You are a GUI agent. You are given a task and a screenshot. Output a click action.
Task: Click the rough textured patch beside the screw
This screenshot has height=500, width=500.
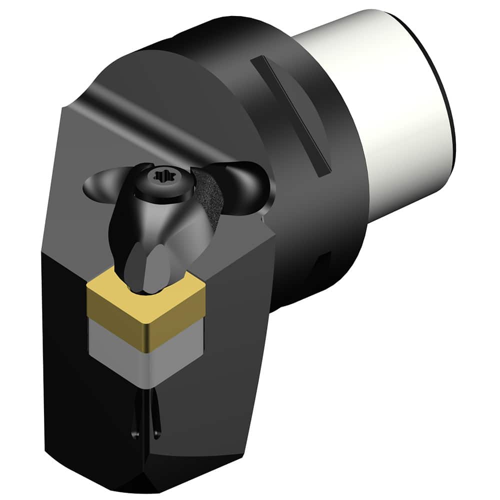pyautogui.click(x=207, y=200)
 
